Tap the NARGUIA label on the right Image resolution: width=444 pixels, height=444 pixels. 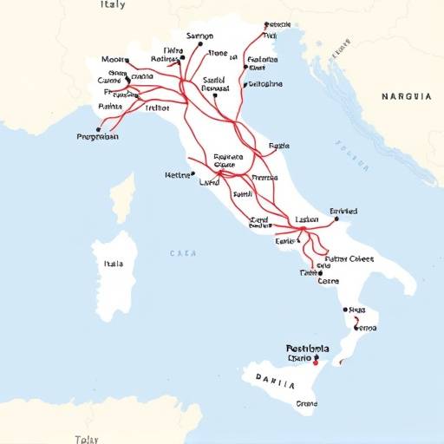(x=406, y=97)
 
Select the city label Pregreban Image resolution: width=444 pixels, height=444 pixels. (x=98, y=136)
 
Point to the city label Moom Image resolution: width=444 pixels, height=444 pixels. (x=113, y=61)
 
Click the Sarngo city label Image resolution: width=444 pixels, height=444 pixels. (x=199, y=37)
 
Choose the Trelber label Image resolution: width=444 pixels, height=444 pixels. (x=157, y=108)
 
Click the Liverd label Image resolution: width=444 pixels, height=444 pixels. (x=209, y=183)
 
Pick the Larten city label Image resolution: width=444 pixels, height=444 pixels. (x=307, y=220)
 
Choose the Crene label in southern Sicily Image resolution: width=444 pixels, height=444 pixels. (x=306, y=403)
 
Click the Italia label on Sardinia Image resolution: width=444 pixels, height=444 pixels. (x=114, y=264)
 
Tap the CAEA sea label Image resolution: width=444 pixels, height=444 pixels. (x=183, y=254)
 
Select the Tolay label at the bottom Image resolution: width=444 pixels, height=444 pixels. (x=87, y=439)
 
